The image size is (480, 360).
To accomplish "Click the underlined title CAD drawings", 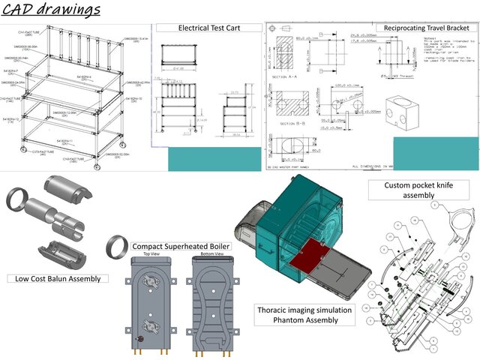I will [x=52, y=10].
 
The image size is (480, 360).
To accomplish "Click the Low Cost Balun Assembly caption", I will [x=58, y=279].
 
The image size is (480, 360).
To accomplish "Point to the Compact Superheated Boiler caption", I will [x=181, y=247].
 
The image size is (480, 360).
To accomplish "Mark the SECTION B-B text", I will [x=292, y=124].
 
